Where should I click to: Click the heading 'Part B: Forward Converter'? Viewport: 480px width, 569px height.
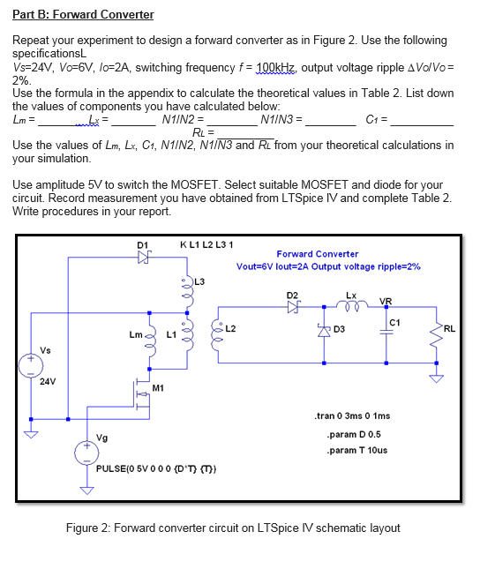[x=84, y=15]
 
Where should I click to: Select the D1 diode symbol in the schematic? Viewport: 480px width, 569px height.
[x=144, y=258]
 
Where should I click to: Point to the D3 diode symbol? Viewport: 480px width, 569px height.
[x=324, y=330]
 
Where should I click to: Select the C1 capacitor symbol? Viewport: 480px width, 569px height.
[x=388, y=332]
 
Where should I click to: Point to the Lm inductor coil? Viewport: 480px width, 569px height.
[x=151, y=338]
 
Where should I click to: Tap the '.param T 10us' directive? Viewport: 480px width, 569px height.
[x=356, y=451]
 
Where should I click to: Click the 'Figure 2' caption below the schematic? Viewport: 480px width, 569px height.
[x=233, y=528]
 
